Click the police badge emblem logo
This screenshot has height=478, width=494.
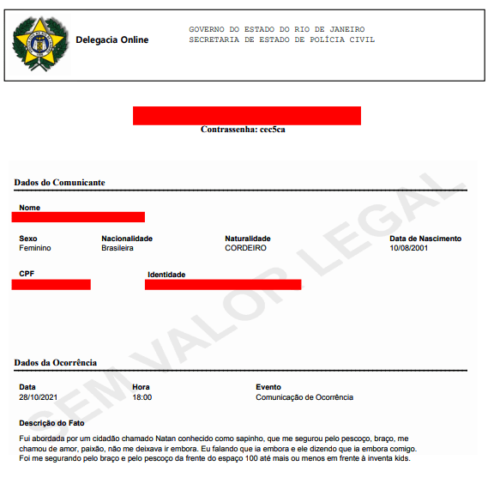coord(39,42)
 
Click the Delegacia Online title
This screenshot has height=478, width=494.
coord(111,40)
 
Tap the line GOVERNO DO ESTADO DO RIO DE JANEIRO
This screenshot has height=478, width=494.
coord(275,29)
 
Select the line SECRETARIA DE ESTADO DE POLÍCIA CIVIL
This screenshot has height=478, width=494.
coord(281,40)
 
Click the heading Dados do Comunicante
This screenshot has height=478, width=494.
coord(60,183)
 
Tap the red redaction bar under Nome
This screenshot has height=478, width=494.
coord(78,217)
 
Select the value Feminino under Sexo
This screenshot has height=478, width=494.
coord(35,248)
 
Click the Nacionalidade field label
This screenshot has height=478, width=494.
coord(127,238)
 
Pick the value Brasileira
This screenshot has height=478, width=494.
coord(117,248)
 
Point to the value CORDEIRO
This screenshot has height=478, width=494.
coord(245,248)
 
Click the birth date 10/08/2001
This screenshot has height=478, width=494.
coord(409,248)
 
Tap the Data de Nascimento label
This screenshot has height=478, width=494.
coord(425,238)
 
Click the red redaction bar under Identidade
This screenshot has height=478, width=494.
coord(223,284)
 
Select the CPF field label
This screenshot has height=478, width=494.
coord(27,273)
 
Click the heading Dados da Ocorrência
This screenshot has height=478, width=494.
coord(56,363)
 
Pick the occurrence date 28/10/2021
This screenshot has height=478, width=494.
coord(39,397)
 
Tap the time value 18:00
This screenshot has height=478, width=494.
coord(142,397)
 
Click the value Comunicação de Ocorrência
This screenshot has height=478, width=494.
coord(304,397)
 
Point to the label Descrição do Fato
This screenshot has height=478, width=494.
coord(53,423)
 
